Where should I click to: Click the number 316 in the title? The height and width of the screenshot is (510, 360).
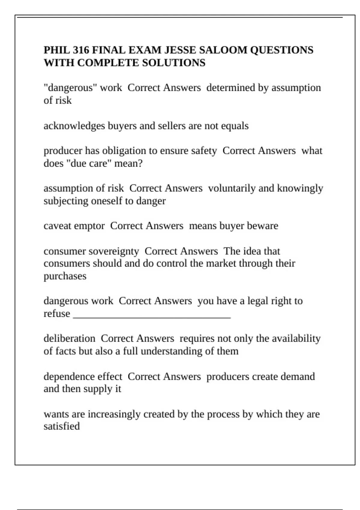point(80,50)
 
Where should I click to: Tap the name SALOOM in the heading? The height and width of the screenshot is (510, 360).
point(223,50)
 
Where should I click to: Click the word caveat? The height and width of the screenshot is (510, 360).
point(57,226)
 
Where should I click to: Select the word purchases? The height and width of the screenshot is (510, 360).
point(65,276)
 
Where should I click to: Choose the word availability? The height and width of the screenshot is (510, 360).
point(296,338)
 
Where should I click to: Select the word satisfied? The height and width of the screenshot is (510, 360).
point(61,426)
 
